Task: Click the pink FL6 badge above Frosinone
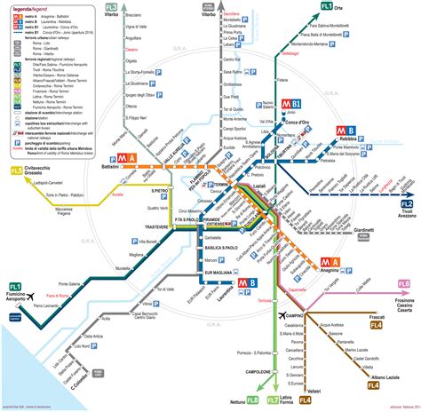(404, 283)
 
